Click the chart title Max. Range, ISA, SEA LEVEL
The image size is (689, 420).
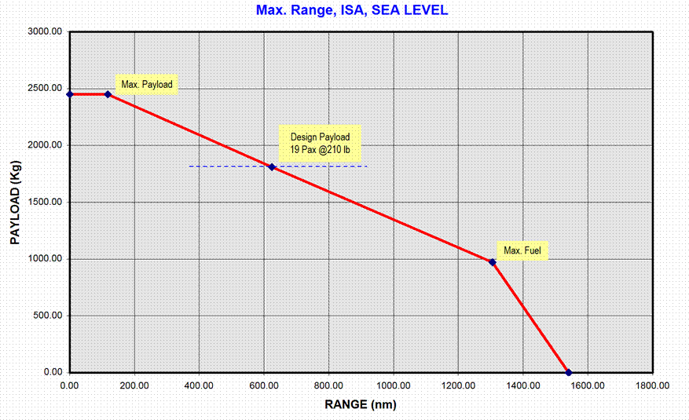352,11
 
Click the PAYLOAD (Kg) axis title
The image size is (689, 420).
15,203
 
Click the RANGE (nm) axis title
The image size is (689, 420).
361,405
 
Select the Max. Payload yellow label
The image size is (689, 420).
147,84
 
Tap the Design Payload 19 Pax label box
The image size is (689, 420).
321,143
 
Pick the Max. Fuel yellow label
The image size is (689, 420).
522,250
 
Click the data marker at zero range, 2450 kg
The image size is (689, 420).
70,94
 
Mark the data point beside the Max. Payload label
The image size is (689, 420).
108,94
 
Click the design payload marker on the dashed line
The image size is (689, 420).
272,166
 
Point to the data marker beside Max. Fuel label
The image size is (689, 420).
493,262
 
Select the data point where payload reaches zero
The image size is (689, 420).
569,372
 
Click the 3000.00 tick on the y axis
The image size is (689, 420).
46,32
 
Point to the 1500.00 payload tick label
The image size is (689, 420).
46,203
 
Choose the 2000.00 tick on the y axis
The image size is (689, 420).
46,145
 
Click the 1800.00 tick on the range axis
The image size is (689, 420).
652,385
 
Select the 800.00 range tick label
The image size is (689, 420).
328,385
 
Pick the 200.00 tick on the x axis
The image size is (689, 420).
134,385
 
